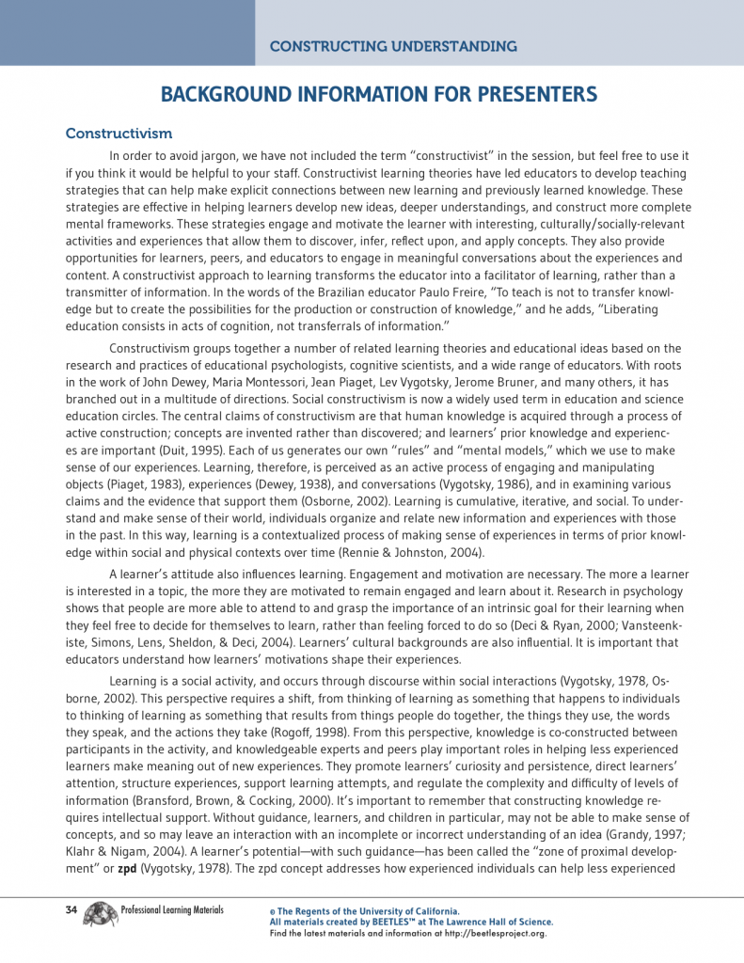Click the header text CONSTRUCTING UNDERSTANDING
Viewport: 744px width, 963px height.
pos(393,46)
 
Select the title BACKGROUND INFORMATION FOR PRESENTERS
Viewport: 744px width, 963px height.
pos(379,94)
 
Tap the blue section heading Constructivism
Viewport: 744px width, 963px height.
pos(119,134)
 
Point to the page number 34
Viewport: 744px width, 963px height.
pos(71,910)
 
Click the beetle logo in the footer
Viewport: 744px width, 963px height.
pos(101,913)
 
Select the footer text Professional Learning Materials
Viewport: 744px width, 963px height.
pos(172,910)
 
